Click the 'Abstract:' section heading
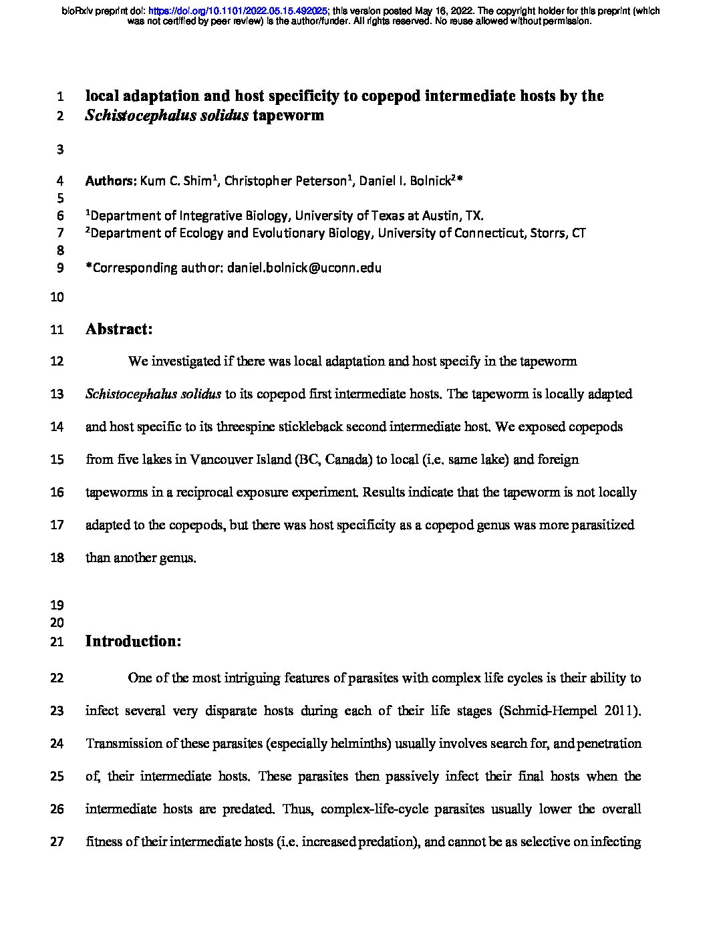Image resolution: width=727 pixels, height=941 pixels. [x=119, y=329]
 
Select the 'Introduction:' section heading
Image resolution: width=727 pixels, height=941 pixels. [x=134, y=642]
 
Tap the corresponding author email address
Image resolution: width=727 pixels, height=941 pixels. [x=304, y=268]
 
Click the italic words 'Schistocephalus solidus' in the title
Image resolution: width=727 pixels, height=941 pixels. [x=167, y=116]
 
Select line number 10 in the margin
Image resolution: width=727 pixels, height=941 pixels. [x=57, y=297]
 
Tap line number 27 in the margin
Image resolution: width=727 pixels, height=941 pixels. [x=57, y=842]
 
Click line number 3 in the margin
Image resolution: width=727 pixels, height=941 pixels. [x=60, y=150]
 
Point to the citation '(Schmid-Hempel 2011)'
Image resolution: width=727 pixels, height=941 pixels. [x=570, y=711]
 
